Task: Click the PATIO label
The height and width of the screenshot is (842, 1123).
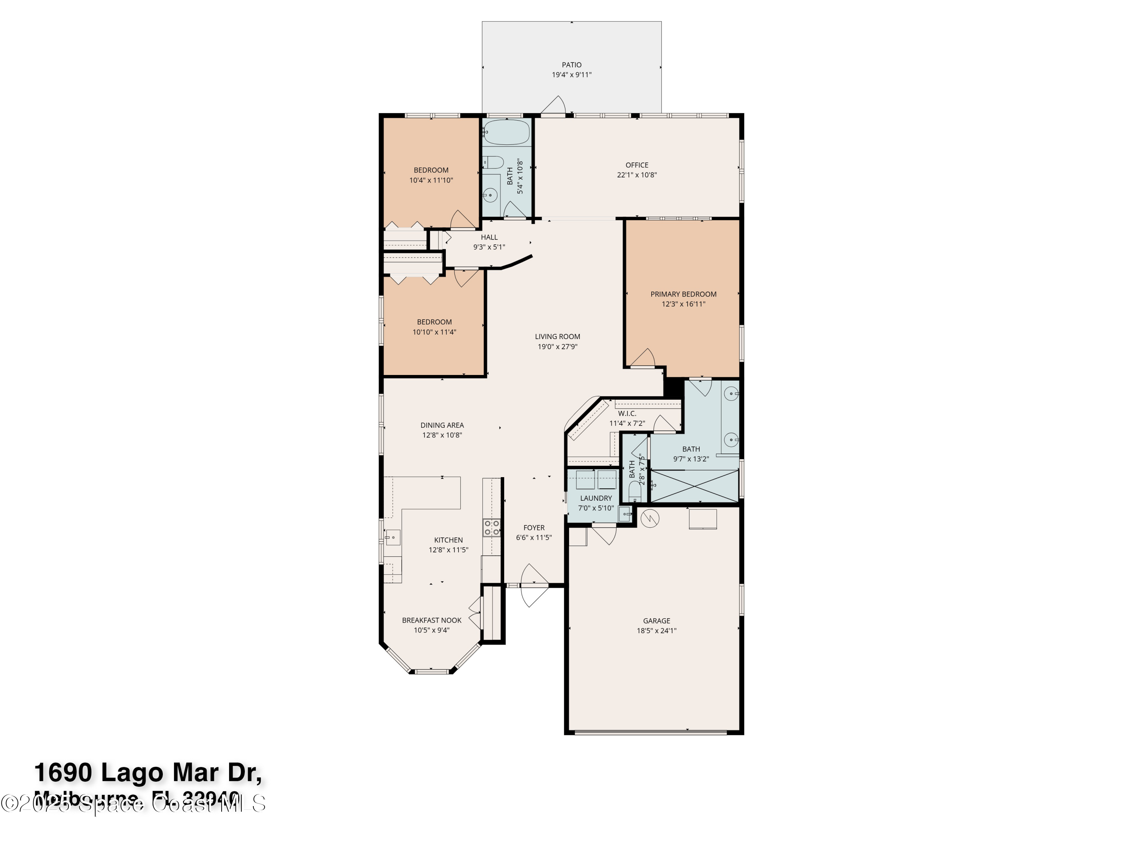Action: click(571, 65)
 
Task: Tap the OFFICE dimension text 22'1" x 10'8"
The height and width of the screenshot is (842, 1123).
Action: click(637, 175)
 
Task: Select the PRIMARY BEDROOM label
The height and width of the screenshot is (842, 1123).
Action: click(683, 295)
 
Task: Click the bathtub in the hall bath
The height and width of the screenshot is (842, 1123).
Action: click(506, 132)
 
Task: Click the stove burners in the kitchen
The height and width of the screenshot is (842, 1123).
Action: click(491, 528)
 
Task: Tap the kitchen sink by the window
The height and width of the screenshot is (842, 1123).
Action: click(392, 537)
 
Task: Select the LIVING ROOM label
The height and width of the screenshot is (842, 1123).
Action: click(557, 336)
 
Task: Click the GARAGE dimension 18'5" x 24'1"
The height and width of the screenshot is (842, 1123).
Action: click(657, 631)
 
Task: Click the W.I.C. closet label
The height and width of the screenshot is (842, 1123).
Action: click(627, 414)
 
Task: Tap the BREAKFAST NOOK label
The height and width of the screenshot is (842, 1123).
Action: click(432, 620)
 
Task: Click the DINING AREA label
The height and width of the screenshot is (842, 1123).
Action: click(442, 425)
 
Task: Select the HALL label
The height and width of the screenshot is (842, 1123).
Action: click(489, 237)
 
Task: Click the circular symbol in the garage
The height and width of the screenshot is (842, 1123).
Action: click(650, 518)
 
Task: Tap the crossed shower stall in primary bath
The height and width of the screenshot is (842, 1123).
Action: click(694, 486)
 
